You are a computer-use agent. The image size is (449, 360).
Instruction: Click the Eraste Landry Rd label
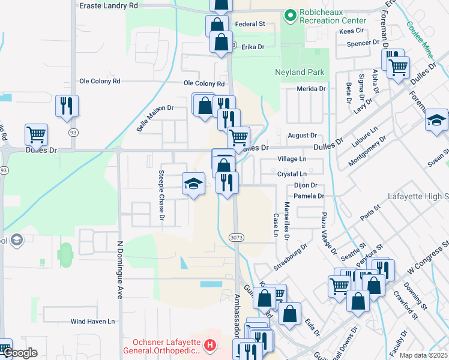click(x=109, y=5)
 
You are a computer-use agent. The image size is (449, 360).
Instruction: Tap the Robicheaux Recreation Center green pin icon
click(x=291, y=14)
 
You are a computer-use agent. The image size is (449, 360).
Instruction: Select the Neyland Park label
click(x=300, y=72)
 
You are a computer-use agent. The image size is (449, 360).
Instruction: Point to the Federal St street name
click(x=250, y=25)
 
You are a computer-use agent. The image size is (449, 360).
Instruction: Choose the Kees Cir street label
click(x=352, y=31)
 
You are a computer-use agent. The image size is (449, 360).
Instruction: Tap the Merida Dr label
click(x=311, y=89)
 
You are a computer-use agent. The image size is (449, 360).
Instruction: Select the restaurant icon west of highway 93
click(x=67, y=106)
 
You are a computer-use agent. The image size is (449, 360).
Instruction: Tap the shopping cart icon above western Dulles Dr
click(x=37, y=135)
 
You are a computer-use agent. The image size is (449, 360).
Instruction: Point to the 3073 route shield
click(x=236, y=238)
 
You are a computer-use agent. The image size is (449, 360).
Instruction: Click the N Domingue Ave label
click(x=119, y=270)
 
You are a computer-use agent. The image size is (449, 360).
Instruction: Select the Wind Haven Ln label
click(x=92, y=322)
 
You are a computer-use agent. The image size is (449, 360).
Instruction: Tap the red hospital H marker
click(x=209, y=345)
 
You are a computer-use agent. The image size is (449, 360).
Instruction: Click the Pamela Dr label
click(x=309, y=196)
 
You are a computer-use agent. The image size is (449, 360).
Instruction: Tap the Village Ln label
click(x=292, y=160)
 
